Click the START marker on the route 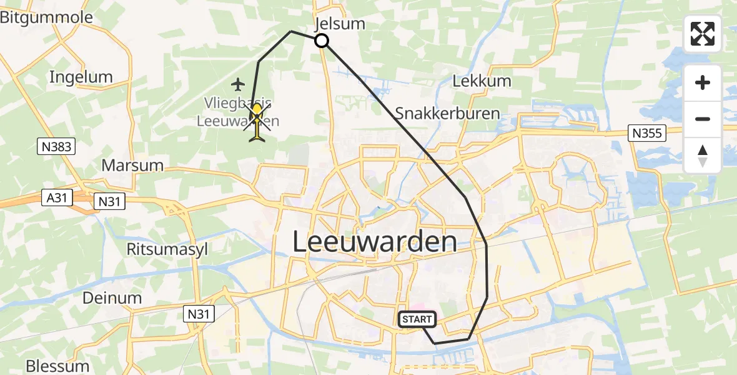coord(417,319)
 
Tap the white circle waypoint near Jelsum coord(321,41)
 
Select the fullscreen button coord(703,34)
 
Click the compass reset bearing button coord(703,156)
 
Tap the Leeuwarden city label coord(375,242)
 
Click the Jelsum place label coord(340,24)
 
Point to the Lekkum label coord(482,81)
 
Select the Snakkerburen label coord(447,114)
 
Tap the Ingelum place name coord(81,77)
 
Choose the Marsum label coord(132,166)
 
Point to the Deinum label coord(112,297)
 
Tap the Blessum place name coord(57,365)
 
